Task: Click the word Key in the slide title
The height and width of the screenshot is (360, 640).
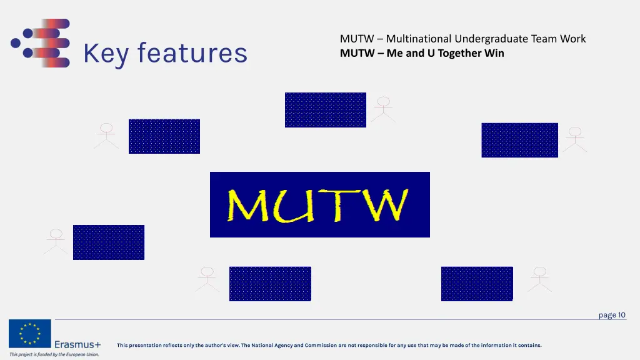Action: pos(106,54)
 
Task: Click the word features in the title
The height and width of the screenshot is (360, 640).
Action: pos(192,53)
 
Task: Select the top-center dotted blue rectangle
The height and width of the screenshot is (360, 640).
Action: pos(325,110)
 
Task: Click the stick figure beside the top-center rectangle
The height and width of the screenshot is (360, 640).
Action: pos(383,109)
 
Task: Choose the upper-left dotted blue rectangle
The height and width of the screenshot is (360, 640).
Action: pos(164,136)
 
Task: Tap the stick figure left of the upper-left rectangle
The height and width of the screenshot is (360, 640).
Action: pos(106,136)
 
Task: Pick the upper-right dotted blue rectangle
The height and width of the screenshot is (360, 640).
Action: pos(519,140)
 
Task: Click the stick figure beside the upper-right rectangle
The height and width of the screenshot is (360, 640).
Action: pos(574,140)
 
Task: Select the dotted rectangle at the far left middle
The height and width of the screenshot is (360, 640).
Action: pos(109,242)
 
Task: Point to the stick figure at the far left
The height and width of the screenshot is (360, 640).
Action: pos(56,241)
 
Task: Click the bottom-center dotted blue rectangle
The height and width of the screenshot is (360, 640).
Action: pos(270,284)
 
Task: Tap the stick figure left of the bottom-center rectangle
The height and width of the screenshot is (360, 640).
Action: pos(207,279)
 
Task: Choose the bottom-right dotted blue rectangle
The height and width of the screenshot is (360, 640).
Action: pos(477,284)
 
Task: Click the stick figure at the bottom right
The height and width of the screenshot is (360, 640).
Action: pos(539,279)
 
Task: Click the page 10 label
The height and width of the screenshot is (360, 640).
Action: pos(612,315)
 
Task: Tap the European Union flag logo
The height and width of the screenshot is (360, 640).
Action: pos(30,334)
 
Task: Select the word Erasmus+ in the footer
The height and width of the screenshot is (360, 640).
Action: pos(77,344)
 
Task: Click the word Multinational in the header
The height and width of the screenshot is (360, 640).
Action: pos(419,39)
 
